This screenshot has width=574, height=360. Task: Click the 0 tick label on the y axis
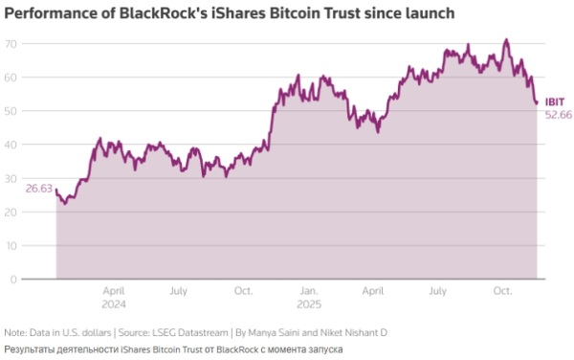pyautogui.click(x=13, y=279)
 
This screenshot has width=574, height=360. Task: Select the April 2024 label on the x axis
pyautogui.click(x=114, y=295)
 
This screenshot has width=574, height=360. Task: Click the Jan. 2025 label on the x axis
pyautogui.click(x=308, y=295)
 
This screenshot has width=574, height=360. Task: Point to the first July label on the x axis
pyautogui.click(x=178, y=289)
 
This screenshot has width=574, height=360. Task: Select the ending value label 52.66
pyautogui.click(x=558, y=114)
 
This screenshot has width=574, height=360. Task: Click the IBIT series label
pyautogui.click(x=553, y=101)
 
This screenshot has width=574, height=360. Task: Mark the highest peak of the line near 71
pyautogui.click(x=506, y=40)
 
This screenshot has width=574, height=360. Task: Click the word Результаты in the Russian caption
pyautogui.click(x=31, y=349)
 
